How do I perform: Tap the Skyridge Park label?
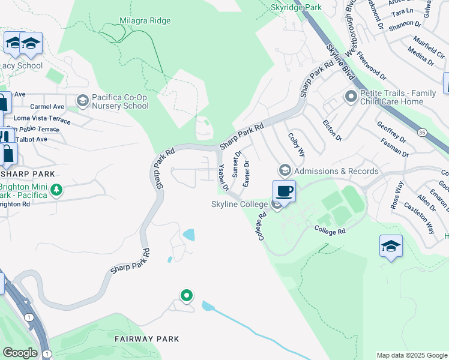click(x=297, y=8)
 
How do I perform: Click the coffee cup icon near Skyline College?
click(x=284, y=191)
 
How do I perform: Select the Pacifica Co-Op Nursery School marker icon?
click(x=82, y=100)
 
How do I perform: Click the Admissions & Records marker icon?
click(x=285, y=171)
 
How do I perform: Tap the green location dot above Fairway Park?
click(x=187, y=295)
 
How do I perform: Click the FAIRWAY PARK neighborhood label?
click(x=147, y=339)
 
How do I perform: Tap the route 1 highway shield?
click(x=28, y=316)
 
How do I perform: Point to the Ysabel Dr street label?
click(x=223, y=178)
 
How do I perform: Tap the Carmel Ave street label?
click(x=47, y=106)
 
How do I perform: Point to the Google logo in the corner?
click(x=20, y=353)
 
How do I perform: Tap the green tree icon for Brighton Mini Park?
click(x=56, y=190)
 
